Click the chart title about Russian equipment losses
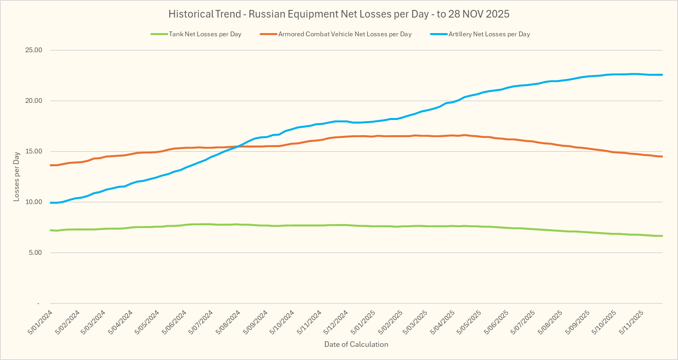(339, 14)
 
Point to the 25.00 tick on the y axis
(34, 50)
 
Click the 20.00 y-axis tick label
(34, 101)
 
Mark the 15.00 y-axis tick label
(34, 151)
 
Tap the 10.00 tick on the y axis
(34, 202)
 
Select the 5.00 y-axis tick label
(35, 253)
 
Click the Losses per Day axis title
(16, 177)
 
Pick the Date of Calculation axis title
(356, 344)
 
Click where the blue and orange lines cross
(238, 146)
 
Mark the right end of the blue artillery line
(662, 75)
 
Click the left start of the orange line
(51, 165)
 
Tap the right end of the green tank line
(662, 236)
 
